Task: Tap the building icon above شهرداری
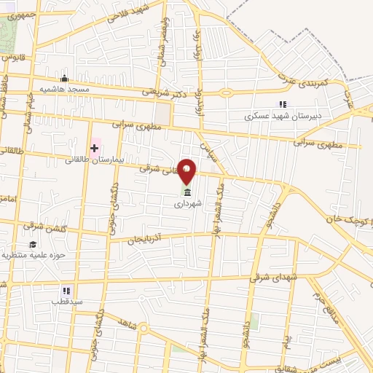point(188,193)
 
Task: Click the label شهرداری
point(188,205)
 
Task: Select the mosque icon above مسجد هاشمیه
point(64,79)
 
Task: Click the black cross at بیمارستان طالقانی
point(94,148)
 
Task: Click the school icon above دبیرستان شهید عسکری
point(283,104)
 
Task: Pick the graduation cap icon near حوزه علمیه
point(33,244)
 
